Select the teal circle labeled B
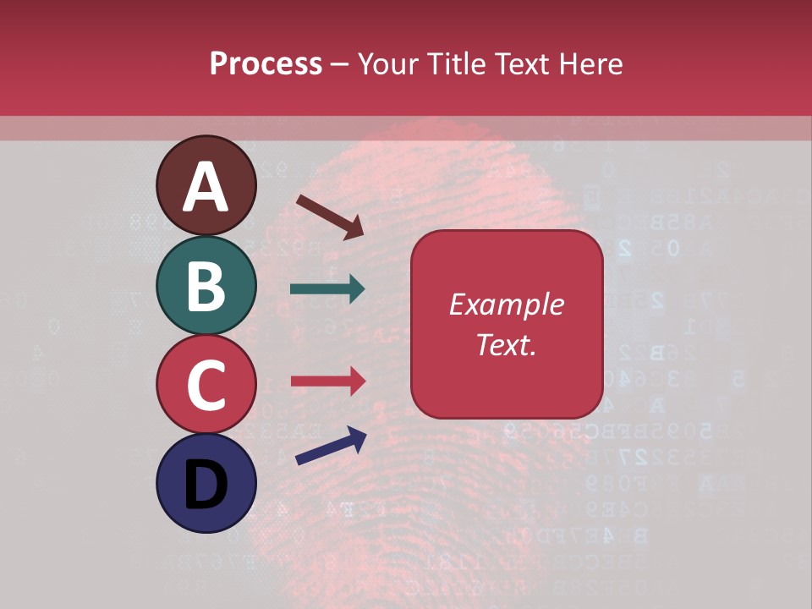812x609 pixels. pos(206,286)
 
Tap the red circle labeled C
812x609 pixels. pos(206,385)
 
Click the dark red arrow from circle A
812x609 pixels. pos(330,217)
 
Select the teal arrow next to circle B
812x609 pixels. pos(327,289)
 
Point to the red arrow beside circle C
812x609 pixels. pos(328,381)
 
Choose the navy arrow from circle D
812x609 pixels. pos(331,446)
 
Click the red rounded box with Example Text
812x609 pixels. pos(507,324)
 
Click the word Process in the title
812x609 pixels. pos(266,63)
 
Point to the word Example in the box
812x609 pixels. pos(507,304)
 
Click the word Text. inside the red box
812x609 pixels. pos(507,344)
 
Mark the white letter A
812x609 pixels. pos(206,187)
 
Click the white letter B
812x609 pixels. pos(206,286)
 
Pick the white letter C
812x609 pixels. pos(206,385)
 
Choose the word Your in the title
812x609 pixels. pos(387,63)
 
